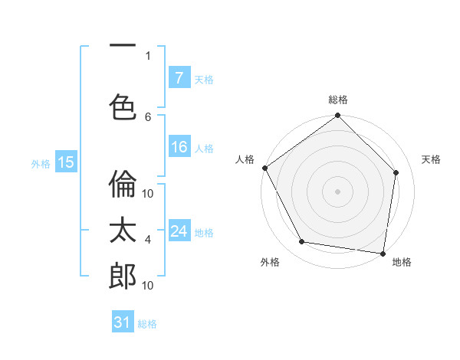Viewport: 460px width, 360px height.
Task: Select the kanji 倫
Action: coord(123,185)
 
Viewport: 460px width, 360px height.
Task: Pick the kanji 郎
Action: coord(123,277)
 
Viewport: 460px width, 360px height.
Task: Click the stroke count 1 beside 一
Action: coord(148,55)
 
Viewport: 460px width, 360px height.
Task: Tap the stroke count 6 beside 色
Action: coord(148,116)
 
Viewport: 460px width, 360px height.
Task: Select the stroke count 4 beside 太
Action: coord(148,240)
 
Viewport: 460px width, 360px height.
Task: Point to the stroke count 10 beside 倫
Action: coord(148,194)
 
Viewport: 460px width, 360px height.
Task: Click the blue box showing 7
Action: coord(179,77)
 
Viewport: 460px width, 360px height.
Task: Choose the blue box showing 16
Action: coord(179,147)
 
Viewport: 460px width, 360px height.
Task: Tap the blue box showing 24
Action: coord(179,231)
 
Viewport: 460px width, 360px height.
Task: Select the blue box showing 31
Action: coord(123,322)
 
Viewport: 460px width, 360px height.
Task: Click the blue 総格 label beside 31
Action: coord(147,324)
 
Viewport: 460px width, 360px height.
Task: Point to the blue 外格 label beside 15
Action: coord(41,163)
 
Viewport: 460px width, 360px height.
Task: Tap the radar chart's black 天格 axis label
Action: coord(431,159)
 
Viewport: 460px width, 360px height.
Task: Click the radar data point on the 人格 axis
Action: coord(264,168)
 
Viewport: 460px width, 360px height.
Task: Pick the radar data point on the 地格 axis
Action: coord(383,253)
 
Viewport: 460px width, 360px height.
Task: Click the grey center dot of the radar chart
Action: coord(337,191)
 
